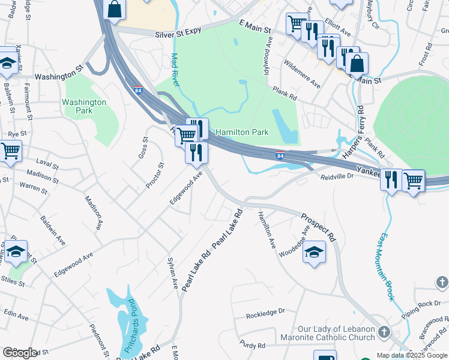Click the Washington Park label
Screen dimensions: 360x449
pyautogui.click(x=84, y=106)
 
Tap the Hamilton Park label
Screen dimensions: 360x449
pyautogui.click(x=242, y=132)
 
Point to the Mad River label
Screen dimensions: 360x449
pyautogui.click(x=175, y=70)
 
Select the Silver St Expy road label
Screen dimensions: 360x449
pyautogui.click(x=177, y=35)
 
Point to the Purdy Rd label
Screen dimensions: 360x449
pyautogui.click(x=252, y=346)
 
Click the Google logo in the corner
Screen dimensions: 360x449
pyautogui.click(x=20, y=353)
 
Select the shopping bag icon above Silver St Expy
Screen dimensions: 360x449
pyautogui.click(x=114, y=8)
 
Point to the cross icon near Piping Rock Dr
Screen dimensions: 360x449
pyautogui.click(x=441, y=281)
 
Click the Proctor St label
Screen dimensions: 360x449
pyautogui.click(x=154, y=176)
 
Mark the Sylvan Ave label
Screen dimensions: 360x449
pyautogui.click(x=172, y=272)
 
